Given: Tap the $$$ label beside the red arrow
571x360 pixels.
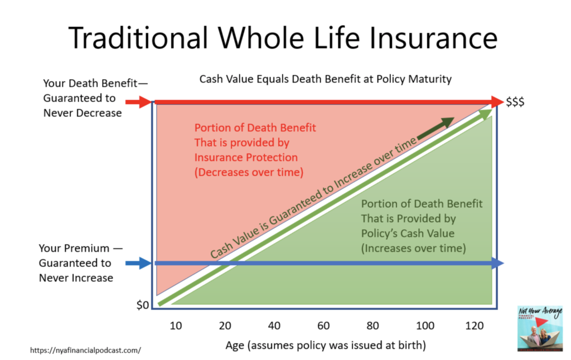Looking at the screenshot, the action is coord(515,102).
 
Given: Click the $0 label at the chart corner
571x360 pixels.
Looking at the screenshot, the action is coord(142,305).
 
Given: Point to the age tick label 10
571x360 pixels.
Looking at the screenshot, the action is coord(176,325).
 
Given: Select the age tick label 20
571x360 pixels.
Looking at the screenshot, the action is coord(225,325).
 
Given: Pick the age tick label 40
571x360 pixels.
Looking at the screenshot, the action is coord(274,325).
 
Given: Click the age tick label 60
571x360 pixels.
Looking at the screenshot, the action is coord(323,325).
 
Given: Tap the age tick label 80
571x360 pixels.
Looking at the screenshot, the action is coord(372,325).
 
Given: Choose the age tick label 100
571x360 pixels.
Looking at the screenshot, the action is coord(425,325).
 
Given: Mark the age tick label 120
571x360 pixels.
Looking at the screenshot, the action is coord(474,325).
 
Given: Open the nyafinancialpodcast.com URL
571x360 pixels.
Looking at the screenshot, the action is coord(85,350).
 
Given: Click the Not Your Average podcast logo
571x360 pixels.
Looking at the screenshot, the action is coord(540,328).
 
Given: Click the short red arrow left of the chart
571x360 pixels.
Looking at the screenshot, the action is coord(138,103).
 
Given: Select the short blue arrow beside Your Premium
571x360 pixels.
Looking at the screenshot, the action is coord(138,263).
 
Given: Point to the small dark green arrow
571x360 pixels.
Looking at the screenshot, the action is coord(435,128).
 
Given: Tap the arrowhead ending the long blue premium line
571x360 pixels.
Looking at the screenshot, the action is coord(498,263).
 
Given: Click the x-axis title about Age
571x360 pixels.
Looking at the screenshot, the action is coord(326,345).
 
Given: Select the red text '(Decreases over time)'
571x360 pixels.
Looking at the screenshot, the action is coord(249,172).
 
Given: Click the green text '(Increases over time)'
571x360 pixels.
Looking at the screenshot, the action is coord(413,248).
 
